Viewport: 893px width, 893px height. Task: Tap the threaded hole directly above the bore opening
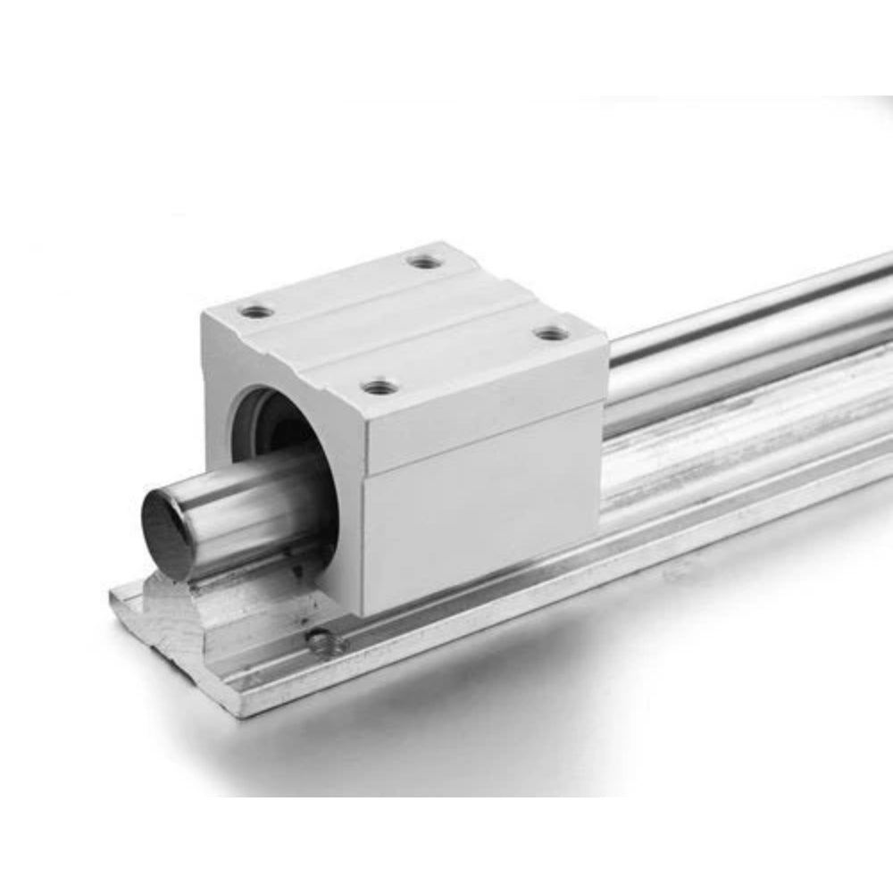pyautogui.click(x=257, y=312)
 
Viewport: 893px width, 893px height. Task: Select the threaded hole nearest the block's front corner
pyautogui.click(x=380, y=387)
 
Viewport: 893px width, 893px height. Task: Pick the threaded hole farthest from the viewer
pyautogui.click(x=425, y=262)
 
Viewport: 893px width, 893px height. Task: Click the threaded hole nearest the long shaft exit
pyautogui.click(x=553, y=333)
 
